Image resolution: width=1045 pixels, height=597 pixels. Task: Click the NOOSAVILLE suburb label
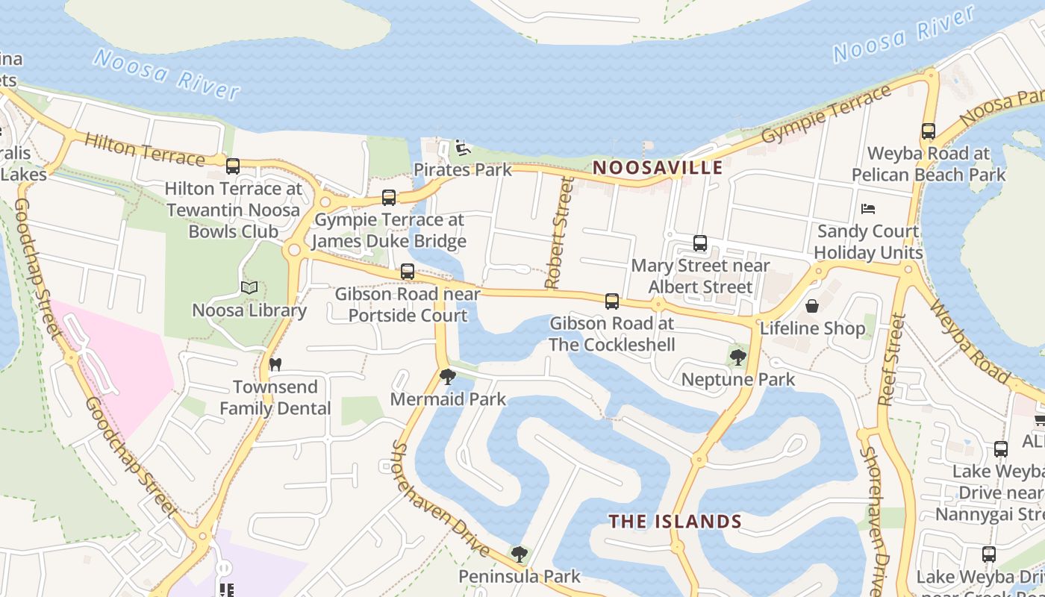[658, 167]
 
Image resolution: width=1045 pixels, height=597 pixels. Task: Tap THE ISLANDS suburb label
[675, 521]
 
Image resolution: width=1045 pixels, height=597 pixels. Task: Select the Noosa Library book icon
[249, 287]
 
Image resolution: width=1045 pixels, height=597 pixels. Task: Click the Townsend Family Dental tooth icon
[275, 364]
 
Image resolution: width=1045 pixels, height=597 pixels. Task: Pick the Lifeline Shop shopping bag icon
[812, 306]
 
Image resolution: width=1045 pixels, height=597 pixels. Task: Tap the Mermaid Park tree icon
[448, 377]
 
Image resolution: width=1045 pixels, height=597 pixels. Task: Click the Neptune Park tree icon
[738, 357]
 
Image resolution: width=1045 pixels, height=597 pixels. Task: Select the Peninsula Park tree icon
[520, 554]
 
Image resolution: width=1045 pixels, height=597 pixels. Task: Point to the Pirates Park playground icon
[463, 148]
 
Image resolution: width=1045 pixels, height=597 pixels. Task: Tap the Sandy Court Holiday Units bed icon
[867, 209]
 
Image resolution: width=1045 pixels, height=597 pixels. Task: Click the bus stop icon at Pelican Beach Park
[929, 131]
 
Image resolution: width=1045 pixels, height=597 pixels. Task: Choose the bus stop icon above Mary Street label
[700, 243]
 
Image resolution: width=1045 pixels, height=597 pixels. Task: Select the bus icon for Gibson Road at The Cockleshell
[612, 301]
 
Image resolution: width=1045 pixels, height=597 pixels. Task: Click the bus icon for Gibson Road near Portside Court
[408, 272]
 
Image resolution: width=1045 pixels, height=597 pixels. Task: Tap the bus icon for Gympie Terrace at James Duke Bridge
[389, 198]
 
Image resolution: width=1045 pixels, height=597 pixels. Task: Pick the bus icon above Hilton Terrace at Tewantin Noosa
[233, 166]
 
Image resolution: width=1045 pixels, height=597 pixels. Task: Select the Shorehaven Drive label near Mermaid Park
[440, 498]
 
